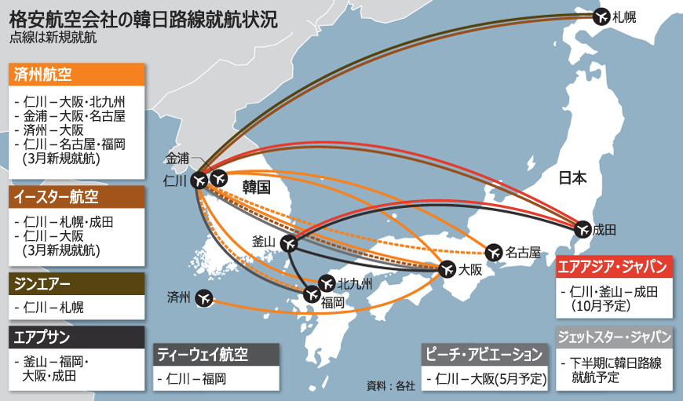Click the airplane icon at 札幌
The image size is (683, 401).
point(602,15)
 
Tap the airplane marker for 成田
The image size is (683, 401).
point(583,229)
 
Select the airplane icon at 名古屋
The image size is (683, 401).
point(493,252)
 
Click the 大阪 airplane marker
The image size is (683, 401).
point(447,269)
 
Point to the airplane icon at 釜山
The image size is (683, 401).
point(287,243)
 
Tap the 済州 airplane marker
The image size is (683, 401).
point(203,298)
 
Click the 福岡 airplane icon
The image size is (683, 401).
point(311,295)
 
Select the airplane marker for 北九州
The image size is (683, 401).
point(327,282)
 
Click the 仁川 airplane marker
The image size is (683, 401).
point(198,180)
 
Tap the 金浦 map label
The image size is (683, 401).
point(177,158)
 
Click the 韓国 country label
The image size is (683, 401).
point(257,187)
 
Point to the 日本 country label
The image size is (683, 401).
point(572,178)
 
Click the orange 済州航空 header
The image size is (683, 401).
point(76,75)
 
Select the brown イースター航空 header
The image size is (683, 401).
point(76,197)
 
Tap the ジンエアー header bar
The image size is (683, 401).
point(76,283)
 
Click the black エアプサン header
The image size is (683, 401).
point(76,337)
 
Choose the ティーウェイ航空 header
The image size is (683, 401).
point(216,355)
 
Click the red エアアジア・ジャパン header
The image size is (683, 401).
point(614,266)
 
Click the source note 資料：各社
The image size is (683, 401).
point(390,385)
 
